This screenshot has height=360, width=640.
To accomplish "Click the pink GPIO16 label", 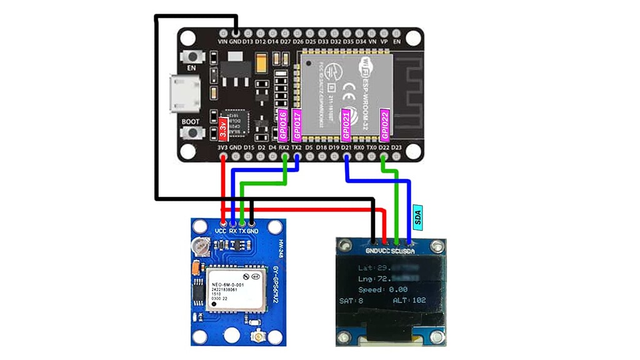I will (x=282, y=124).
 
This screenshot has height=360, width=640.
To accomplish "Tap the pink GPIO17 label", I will (x=297, y=124).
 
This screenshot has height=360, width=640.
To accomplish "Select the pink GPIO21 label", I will (x=346, y=124).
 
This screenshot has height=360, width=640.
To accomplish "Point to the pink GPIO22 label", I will (x=385, y=124).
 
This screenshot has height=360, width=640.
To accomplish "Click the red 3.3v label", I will (x=224, y=128).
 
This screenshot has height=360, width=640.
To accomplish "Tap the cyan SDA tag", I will (x=419, y=216).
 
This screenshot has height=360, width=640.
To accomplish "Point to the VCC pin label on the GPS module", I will (x=221, y=231).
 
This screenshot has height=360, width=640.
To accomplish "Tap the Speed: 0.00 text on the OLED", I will (x=382, y=289).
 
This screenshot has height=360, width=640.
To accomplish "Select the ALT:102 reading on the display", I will (x=409, y=301).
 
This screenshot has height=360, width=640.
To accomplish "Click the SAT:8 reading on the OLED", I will (x=351, y=301).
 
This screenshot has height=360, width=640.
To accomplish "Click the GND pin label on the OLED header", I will (x=373, y=251).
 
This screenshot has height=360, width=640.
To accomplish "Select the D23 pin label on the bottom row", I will (x=396, y=147).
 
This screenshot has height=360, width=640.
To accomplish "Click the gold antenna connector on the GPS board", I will (x=257, y=339).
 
